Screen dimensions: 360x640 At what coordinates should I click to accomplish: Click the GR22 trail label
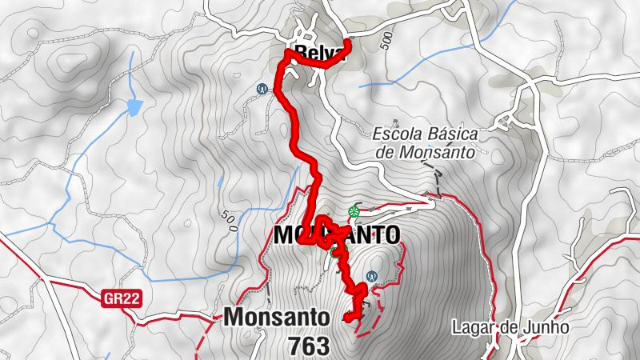tap(122, 299)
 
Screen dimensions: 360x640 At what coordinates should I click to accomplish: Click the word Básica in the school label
tap(454, 134)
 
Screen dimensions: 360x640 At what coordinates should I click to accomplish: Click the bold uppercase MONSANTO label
tap(336, 235)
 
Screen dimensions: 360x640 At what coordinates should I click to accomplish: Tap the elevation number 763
tap(310, 346)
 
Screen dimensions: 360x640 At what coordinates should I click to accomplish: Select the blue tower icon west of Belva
tap(262, 88)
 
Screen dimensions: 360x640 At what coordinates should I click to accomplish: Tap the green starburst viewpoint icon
tap(353, 212)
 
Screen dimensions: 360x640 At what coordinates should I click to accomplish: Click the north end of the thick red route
tap(347, 42)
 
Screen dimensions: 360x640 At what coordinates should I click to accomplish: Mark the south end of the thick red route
tap(346, 319)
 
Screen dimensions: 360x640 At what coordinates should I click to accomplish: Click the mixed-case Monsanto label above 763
tap(276, 317)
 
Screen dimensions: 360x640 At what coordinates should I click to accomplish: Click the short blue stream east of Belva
tap(416, 72)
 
